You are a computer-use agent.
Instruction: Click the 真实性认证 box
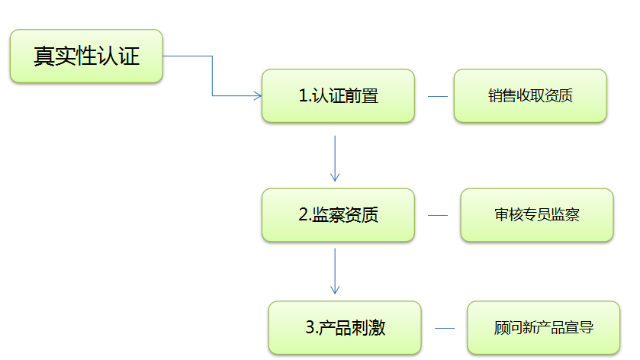click(x=86, y=56)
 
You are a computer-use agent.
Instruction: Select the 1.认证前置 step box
click(x=338, y=96)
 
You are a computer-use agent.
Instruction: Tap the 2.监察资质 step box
click(x=338, y=215)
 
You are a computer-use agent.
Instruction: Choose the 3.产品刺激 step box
click(x=345, y=328)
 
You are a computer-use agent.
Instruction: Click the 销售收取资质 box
click(x=530, y=96)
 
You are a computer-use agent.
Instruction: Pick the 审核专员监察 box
click(x=536, y=215)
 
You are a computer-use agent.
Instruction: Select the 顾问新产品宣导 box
click(x=543, y=328)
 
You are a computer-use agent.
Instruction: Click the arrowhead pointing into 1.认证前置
click(x=256, y=96)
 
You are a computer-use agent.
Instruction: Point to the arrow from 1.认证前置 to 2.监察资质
click(x=335, y=159)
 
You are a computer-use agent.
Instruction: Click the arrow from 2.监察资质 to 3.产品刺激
click(x=335, y=272)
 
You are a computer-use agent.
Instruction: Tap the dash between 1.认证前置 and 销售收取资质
click(x=438, y=97)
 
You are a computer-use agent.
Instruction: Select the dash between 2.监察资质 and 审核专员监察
click(x=438, y=216)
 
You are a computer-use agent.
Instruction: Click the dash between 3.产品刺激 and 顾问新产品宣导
click(x=445, y=329)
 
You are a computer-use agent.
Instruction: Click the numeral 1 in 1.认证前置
click(x=302, y=96)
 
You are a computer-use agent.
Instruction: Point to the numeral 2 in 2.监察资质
click(x=302, y=215)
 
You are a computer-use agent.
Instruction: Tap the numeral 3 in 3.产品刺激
click(x=309, y=328)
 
